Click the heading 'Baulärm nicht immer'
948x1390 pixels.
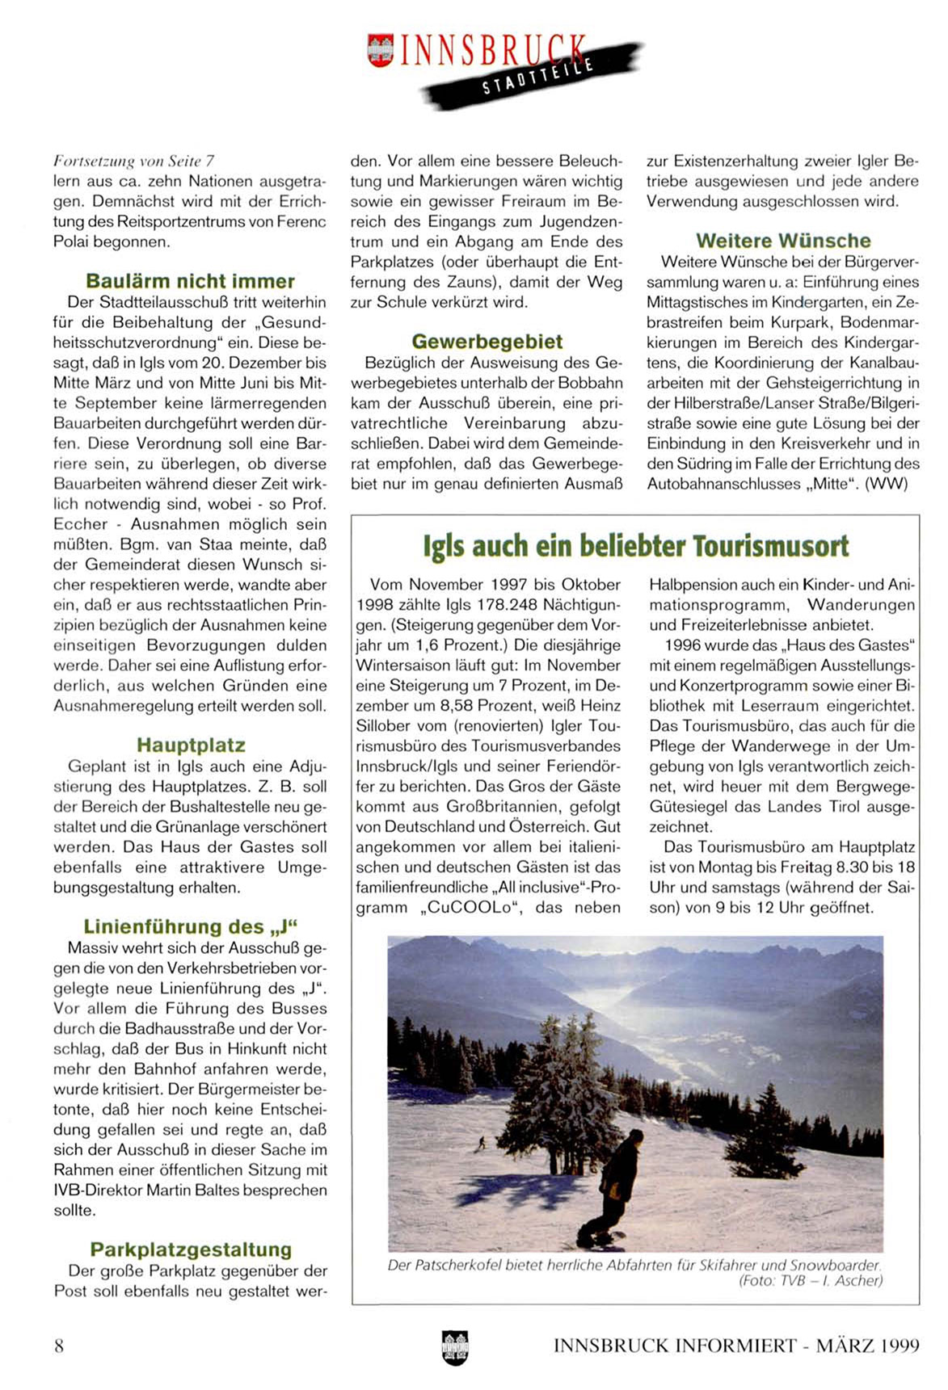(x=190, y=281)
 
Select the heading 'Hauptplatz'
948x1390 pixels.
(x=191, y=745)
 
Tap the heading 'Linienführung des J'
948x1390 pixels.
(x=191, y=926)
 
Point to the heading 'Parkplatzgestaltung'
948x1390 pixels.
(x=191, y=1249)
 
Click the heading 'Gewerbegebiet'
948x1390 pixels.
(x=487, y=342)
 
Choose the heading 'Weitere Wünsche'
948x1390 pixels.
(x=782, y=241)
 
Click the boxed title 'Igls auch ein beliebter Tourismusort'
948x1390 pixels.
(x=635, y=546)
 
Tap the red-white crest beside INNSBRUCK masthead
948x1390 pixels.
(x=379, y=50)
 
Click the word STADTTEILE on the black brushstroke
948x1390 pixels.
(x=537, y=77)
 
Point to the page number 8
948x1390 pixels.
(x=59, y=1345)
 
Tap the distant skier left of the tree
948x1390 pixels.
(x=482, y=1143)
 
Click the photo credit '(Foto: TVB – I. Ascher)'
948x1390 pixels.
(x=811, y=1281)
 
